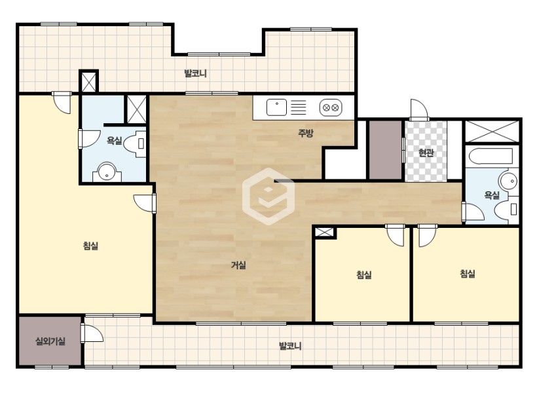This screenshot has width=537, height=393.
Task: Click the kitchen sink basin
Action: point(276,107)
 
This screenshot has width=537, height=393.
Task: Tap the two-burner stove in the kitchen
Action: point(331,107)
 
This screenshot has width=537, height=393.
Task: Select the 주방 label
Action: point(305,133)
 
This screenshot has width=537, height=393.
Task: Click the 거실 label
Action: point(238,265)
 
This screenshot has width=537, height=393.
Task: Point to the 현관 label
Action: point(426,153)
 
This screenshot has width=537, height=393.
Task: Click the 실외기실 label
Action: point(50,341)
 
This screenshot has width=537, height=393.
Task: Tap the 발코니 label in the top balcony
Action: point(196,73)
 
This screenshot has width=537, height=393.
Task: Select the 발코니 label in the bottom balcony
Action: point(290,346)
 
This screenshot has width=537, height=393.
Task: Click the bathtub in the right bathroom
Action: point(491,156)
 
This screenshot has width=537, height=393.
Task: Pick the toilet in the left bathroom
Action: point(135,143)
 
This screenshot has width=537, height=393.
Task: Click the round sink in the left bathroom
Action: point(107,172)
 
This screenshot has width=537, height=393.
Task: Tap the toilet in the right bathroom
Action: point(506,208)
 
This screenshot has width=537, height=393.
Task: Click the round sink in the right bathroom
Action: point(508,180)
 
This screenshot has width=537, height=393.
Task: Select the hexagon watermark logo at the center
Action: point(268,196)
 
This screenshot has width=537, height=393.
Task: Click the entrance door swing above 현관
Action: point(420,109)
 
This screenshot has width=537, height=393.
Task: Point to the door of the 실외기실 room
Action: point(92,333)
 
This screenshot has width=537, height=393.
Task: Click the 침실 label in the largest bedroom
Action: point(91,246)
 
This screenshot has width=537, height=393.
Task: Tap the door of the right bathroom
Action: point(473,212)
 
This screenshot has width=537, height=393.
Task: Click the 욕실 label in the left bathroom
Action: point(114,140)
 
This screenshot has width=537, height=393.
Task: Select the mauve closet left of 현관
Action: point(385,150)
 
